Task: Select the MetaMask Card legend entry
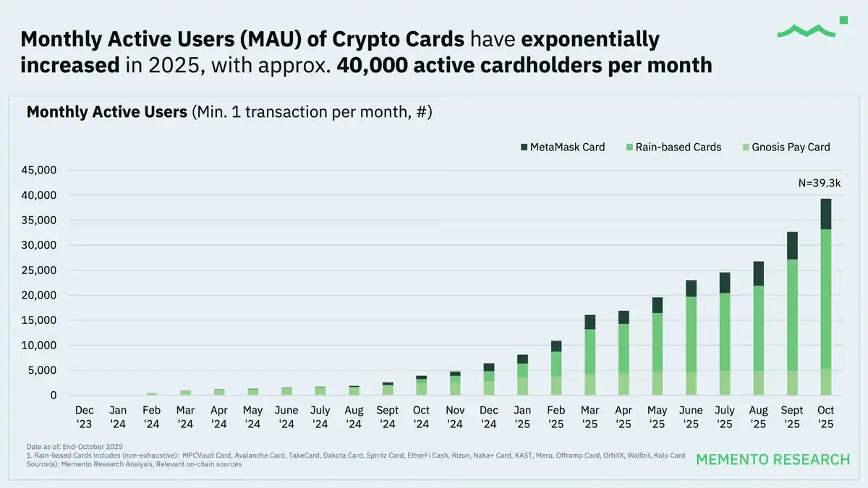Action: point(562,147)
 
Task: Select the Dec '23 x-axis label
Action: point(84,416)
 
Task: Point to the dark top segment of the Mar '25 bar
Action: point(590,322)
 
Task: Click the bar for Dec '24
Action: point(489,380)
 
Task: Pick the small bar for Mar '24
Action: point(186,393)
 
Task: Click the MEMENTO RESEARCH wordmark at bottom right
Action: point(773,460)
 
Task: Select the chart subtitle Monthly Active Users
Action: point(106,112)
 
